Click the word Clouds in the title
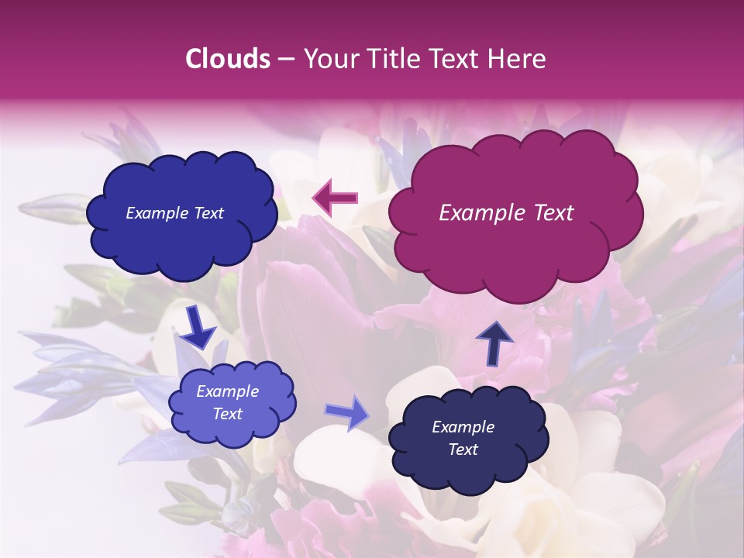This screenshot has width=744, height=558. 227,59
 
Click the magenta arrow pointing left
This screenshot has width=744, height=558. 336,198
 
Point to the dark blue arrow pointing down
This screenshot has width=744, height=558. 198,328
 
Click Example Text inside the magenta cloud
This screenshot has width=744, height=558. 506,213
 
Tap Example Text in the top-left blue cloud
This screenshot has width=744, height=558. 174,213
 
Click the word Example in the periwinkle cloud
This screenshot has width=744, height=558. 227,391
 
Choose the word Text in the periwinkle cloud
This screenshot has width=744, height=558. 227,414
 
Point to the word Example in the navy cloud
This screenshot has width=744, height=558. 463,427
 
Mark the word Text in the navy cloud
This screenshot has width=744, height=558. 463,449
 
